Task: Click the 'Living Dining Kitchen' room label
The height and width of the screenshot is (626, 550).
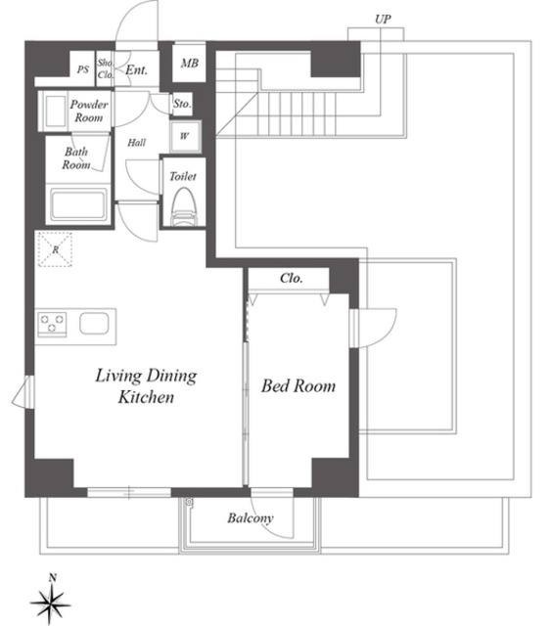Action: point(146,386)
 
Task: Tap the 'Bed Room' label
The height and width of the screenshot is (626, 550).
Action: point(298,386)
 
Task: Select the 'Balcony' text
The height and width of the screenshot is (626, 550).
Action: point(251,518)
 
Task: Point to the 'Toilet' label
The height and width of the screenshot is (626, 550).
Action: point(183,177)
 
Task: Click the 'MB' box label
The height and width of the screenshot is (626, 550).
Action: point(189,64)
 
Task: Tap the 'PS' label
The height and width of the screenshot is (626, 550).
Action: point(83,68)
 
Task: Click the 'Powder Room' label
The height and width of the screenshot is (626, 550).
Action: point(90,111)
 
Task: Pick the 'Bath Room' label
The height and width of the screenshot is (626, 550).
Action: point(76,158)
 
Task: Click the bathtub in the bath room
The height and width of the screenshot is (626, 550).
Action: point(77,206)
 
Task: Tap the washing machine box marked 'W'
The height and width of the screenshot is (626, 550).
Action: point(183,136)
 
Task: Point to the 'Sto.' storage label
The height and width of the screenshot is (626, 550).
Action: point(182,103)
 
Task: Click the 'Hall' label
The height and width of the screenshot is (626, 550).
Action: point(137,143)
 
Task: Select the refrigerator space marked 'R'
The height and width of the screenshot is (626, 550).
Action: point(56,249)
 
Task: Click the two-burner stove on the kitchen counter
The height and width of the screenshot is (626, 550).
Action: point(52,323)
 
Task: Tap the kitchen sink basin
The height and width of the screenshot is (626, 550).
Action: point(95,324)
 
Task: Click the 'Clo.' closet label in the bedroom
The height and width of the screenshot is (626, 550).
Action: point(291,278)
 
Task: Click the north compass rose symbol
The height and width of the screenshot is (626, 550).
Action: point(51,600)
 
